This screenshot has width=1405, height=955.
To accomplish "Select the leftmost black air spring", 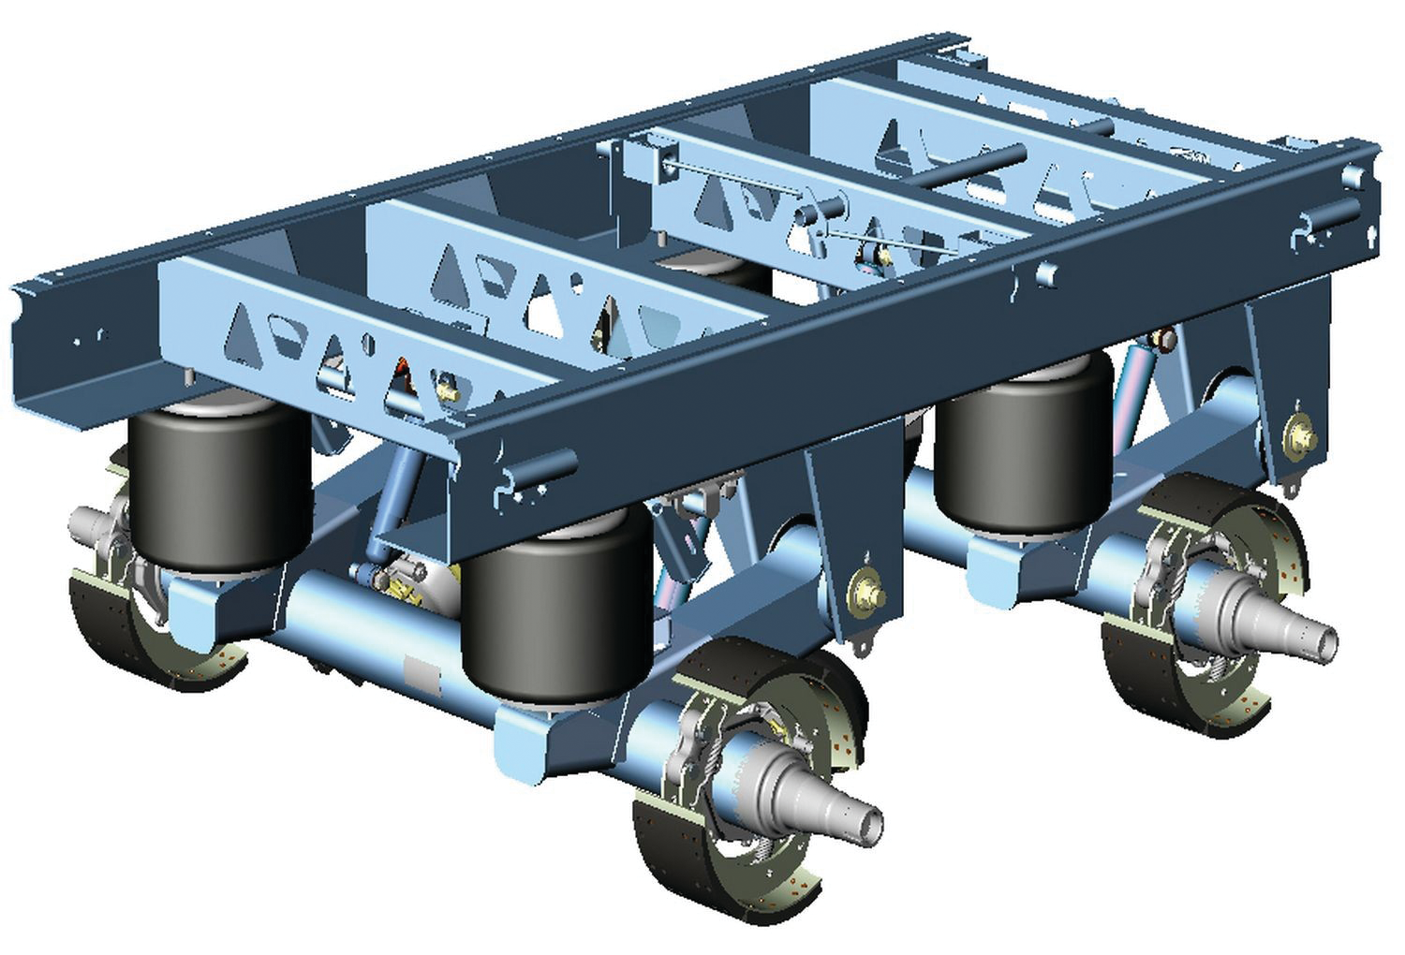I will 219,487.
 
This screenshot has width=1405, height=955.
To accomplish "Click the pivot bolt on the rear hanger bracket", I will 1298,432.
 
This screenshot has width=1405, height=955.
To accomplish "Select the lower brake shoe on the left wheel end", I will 140,646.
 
